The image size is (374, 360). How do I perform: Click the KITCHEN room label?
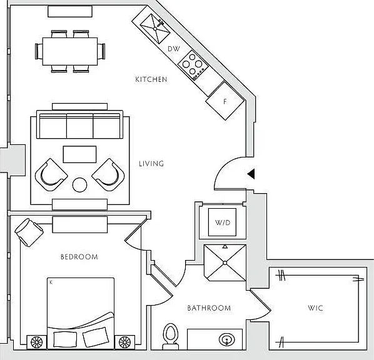point(151,79)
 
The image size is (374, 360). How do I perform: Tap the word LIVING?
point(151,164)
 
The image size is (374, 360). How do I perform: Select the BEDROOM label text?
point(79,257)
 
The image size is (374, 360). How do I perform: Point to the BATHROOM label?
point(209,308)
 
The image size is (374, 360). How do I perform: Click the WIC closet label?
point(315,307)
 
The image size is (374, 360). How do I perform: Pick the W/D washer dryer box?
point(222,222)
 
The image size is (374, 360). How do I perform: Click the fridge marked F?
point(225,101)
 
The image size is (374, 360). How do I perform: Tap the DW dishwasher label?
point(174,49)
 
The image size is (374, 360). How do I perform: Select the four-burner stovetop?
point(193,65)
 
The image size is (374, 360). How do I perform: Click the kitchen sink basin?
point(155,29)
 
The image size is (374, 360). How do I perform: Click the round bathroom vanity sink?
point(227,339)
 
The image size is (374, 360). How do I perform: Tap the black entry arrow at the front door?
point(251,174)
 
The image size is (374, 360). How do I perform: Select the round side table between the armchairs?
point(79,185)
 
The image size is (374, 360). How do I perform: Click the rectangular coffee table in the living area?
point(79,154)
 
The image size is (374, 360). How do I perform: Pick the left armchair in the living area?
point(51,175)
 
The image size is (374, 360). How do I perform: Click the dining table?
point(70,51)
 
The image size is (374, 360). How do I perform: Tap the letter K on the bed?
point(51,282)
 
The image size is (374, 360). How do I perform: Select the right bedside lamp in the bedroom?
point(124,342)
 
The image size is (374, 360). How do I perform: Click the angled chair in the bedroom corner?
point(29,232)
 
